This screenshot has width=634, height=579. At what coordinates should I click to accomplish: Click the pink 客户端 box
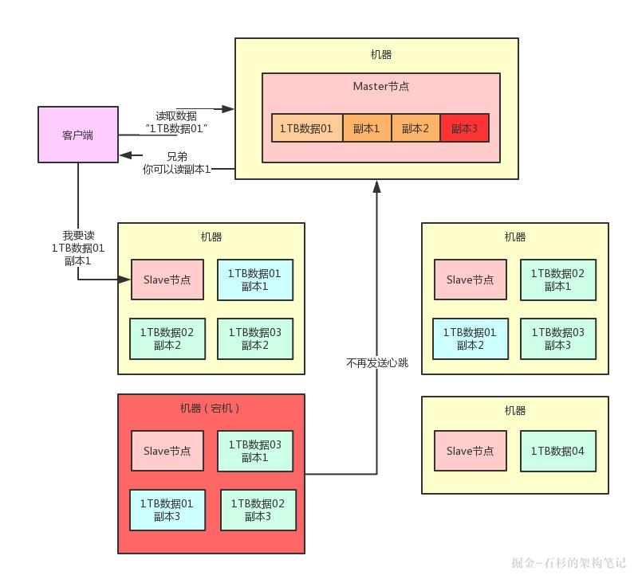[77, 135]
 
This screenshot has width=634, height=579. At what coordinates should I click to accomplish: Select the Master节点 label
[380, 86]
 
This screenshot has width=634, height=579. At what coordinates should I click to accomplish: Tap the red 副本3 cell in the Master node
[463, 128]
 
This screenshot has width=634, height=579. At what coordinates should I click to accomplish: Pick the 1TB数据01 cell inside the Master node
[306, 128]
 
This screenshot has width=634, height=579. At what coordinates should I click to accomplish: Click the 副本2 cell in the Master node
[415, 128]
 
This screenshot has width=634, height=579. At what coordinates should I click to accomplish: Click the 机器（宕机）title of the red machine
[211, 409]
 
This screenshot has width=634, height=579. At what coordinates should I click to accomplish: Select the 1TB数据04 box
[557, 451]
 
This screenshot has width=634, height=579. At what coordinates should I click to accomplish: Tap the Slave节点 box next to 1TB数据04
[470, 451]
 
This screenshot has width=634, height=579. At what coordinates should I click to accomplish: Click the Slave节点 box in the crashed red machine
[167, 451]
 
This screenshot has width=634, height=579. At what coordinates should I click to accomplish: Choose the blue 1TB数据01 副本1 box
[254, 280]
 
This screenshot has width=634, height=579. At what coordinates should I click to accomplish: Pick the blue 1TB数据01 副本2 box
[469, 338]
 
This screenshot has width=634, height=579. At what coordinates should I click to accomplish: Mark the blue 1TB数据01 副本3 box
[166, 510]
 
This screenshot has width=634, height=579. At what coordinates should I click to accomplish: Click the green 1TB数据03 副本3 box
[557, 338]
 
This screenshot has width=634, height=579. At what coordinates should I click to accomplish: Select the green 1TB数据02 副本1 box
[557, 280]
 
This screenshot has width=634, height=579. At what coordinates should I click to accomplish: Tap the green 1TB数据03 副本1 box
[254, 451]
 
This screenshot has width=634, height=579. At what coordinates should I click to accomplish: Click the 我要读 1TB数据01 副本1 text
[78, 248]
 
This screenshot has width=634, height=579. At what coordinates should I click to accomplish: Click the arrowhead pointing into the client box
[124, 156]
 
